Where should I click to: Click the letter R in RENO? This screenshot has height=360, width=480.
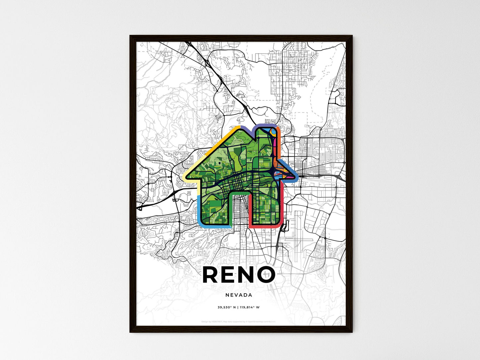pos(211,275)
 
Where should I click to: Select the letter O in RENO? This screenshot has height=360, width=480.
pos(266,275)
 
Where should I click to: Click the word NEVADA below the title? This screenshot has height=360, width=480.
pos(239,295)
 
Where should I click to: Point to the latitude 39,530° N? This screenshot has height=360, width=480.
pos(227,307)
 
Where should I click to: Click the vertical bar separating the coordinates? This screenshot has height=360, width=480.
pos(238,307)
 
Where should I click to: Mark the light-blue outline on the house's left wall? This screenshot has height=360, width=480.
pos(198,209)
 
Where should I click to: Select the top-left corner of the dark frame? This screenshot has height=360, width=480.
pos(131,36)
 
